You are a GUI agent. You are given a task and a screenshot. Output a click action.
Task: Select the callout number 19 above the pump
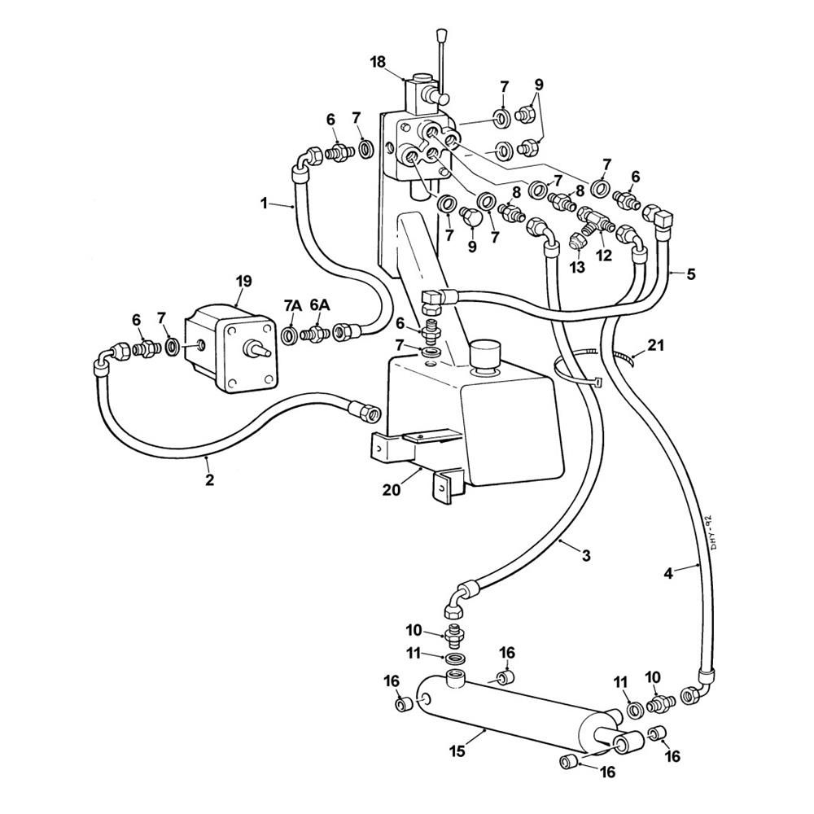(243, 281)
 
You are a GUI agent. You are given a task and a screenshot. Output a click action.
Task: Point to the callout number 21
(656, 346)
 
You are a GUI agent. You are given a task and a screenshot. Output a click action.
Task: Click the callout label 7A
(293, 305)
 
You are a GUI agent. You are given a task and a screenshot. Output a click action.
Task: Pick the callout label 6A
(320, 305)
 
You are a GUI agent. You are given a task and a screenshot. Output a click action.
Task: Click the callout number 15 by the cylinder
(458, 751)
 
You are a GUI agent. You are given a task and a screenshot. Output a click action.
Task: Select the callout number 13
(577, 267)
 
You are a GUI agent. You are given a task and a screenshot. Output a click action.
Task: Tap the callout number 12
(603, 254)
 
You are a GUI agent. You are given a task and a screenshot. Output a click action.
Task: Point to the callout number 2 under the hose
(209, 480)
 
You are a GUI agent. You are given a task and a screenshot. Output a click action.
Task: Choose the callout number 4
(668, 573)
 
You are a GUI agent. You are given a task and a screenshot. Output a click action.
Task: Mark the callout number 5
(690, 274)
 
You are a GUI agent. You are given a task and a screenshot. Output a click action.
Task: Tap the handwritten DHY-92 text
(706, 532)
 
